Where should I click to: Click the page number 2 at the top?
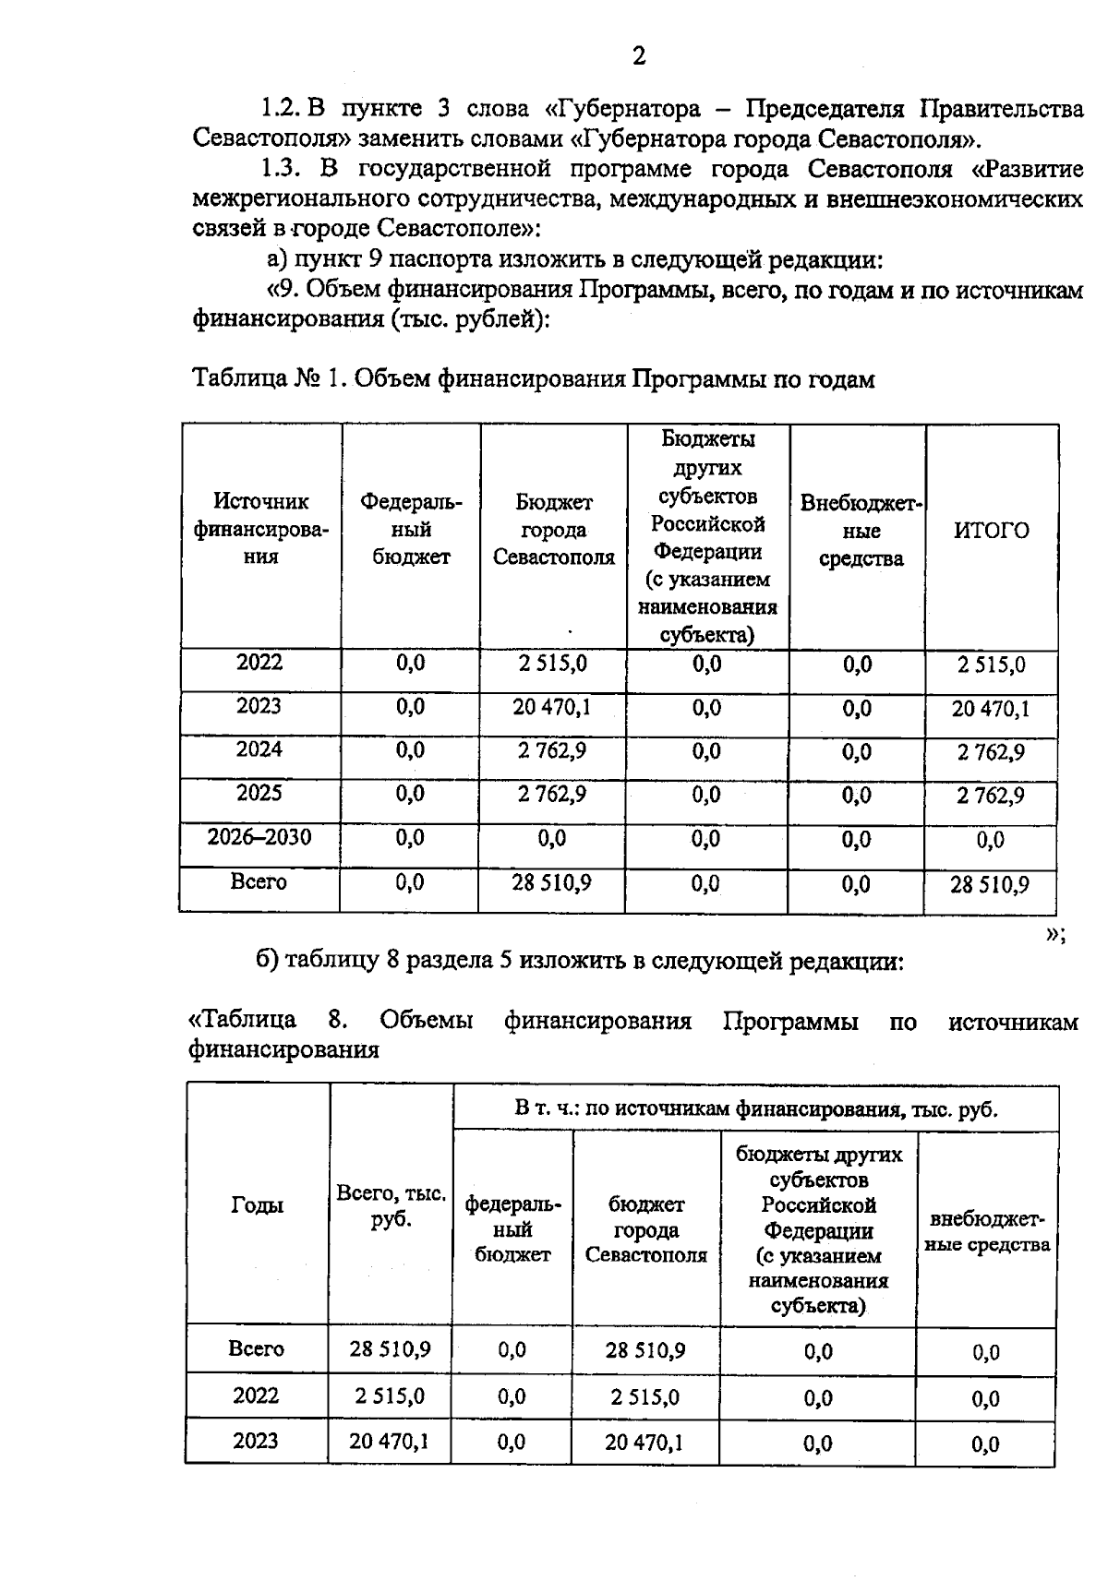[x=638, y=57]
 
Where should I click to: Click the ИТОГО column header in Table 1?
[x=991, y=531]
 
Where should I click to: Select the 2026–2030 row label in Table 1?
[x=259, y=837]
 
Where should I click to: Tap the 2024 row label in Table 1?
[x=259, y=749]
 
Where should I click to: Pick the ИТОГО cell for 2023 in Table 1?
[x=991, y=709]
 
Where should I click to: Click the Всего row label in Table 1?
[x=259, y=881]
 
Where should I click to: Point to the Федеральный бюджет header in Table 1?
[x=411, y=530]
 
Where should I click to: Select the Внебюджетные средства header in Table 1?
[x=859, y=531]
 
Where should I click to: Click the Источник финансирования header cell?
[x=261, y=530]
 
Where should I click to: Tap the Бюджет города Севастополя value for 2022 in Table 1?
[x=552, y=664]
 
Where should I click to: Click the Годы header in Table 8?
[x=258, y=1205]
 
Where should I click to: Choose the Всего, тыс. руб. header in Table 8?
[x=391, y=1205]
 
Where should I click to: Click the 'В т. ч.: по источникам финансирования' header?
[x=755, y=1108]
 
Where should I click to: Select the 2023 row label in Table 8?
[x=256, y=1441]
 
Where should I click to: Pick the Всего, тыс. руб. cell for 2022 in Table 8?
[x=390, y=1396]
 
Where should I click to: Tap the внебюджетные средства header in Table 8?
[x=987, y=1231]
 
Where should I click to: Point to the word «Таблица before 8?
[x=242, y=1021]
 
